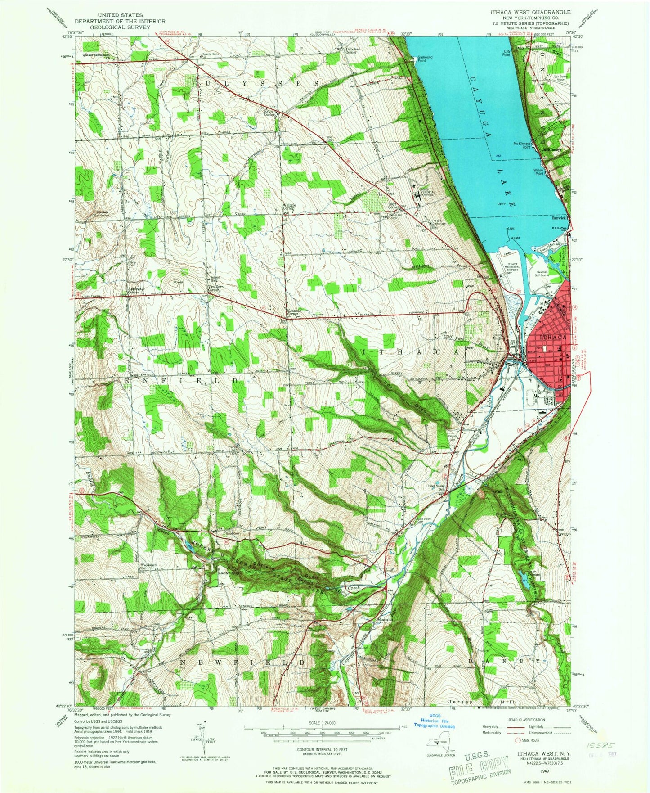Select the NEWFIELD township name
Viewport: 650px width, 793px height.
coord(243,663)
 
